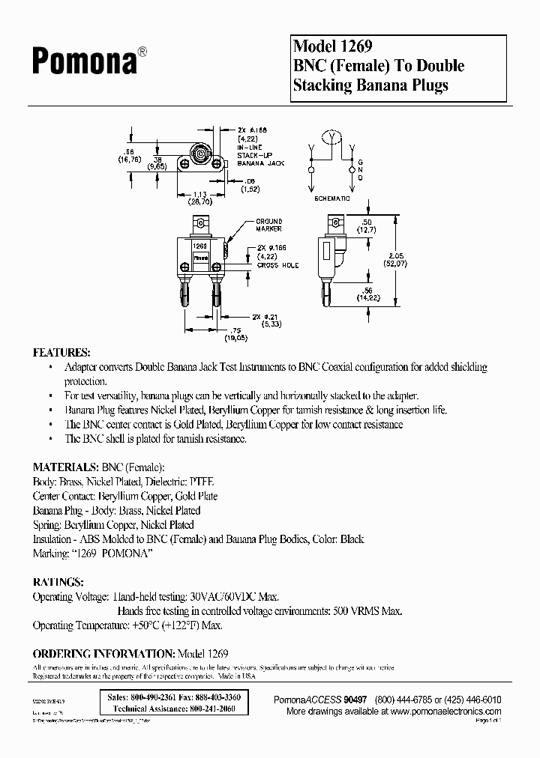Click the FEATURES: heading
(x=62, y=352)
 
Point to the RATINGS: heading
(x=58, y=581)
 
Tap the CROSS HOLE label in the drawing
(x=277, y=266)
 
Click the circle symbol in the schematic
(x=330, y=136)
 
